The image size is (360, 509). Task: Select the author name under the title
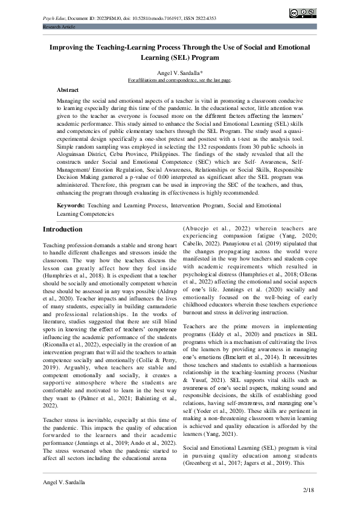(x=180, y=72)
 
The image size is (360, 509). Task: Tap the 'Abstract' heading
(x=68, y=89)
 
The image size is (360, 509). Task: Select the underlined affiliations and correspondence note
(x=180, y=79)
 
